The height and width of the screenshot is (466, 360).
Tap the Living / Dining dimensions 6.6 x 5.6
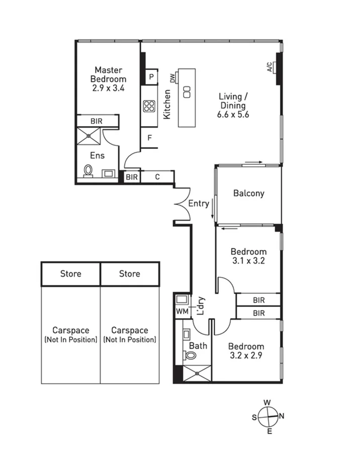232,115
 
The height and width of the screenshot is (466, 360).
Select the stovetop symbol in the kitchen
149,106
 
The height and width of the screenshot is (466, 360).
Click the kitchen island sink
186,92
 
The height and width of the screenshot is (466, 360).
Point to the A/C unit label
269,67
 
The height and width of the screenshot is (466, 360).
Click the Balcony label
248,193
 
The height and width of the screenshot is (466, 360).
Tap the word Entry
199,204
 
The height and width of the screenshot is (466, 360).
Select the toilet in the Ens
88,171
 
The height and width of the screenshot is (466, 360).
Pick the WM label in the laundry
182,311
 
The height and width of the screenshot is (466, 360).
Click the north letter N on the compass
282,416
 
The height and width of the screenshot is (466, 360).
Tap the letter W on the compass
268,403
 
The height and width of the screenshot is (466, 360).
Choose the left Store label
70,274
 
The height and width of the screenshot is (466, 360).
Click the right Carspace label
130,330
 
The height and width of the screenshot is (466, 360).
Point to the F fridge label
149,137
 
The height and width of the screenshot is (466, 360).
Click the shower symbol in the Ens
88,136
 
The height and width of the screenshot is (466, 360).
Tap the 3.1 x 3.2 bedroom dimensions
248,261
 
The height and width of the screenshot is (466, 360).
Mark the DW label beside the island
172,78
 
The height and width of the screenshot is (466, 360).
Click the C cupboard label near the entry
157,177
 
